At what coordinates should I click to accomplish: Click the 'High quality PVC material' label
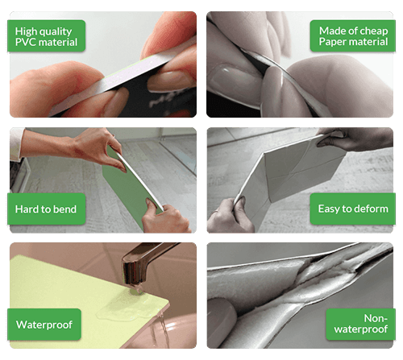46,36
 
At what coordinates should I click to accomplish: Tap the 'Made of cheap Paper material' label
352,36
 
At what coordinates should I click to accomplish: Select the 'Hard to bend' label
46,209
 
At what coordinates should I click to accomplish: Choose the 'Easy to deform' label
352,209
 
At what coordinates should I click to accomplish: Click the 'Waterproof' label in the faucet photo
44,325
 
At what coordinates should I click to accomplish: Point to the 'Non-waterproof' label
360,325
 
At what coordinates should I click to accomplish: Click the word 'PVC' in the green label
24,42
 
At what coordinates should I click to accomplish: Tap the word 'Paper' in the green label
331,42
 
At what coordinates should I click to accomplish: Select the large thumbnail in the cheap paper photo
232,81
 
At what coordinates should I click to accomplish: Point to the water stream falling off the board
162,331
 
